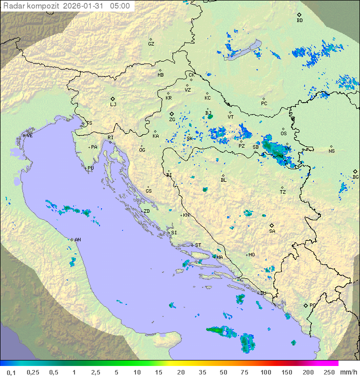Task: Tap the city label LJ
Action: (113, 105)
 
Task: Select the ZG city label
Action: (172, 120)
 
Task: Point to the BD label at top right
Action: (299, 21)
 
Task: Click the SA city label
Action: (272, 231)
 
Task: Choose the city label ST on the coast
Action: (198, 245)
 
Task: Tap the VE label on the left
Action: (29, 136)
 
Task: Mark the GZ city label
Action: (151, 44)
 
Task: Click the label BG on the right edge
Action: (355, 177)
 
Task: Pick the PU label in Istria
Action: (90, 168)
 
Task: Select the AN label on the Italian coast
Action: (77, 240)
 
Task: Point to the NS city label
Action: (331, 151)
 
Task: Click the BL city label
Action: (223, 180)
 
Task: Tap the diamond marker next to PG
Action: (305, 305)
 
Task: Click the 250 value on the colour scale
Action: (329, 372)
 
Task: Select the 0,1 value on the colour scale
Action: (11, 372)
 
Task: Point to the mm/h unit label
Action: (348, 372)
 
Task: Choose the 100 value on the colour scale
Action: (265, 372)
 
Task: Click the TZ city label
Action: (283, 192)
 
